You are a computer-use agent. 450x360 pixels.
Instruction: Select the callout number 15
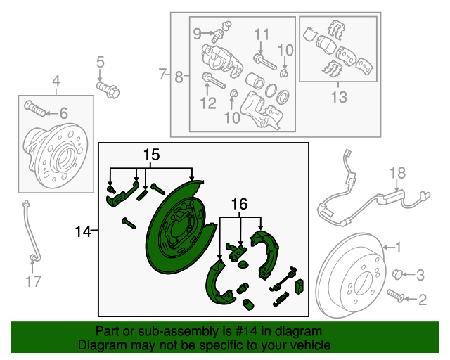coord(152,155)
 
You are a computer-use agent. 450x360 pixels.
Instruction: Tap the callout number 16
coord(240,204)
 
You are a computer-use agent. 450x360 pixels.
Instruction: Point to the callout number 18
coord(397,173)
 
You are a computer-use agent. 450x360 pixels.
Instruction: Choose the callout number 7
coord(162,74)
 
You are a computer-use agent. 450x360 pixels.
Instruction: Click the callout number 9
coord(198,32)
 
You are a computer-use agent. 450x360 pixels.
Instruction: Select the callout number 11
coord(262,34)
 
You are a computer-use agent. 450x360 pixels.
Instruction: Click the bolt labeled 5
coord(110,89)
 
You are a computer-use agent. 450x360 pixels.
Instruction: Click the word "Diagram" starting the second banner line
coord(99,346)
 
